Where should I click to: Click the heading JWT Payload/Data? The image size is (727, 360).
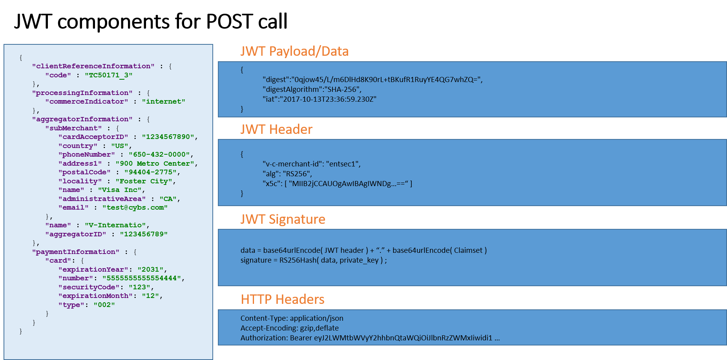pyautogui.click(x=294, y=51)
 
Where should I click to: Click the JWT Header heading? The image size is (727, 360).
pyautogui.click(x=276, y=130)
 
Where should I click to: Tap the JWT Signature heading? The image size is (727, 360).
pyautogui.click(x=283, y=219)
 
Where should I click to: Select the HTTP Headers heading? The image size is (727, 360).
pyautogui.click(x=282, y=300)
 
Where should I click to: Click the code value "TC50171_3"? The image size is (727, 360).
pyautogui.click(x=108, y=75)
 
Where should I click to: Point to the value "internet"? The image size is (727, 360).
pyautogui.click(x=163, y=101)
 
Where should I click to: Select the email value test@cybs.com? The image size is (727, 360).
pyautogui.click(x=135, y=207)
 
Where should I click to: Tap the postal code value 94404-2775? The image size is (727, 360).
pyautogui.click(x=150, y=172)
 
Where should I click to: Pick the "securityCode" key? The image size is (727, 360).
pyautogui.click(x=89, y=287)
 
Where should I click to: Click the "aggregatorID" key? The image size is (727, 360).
pyautogui.click(x=75, y=234)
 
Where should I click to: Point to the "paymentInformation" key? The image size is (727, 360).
pyautogui.click(x=76, y=252)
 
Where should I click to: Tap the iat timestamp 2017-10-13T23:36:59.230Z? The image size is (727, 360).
pyautogui.click(x=329, y=99)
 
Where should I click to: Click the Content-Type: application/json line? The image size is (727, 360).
pyautogui.click(x=292, y=318)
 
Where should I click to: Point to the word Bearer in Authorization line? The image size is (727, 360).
pyautogui.click(x=301, y=338)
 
